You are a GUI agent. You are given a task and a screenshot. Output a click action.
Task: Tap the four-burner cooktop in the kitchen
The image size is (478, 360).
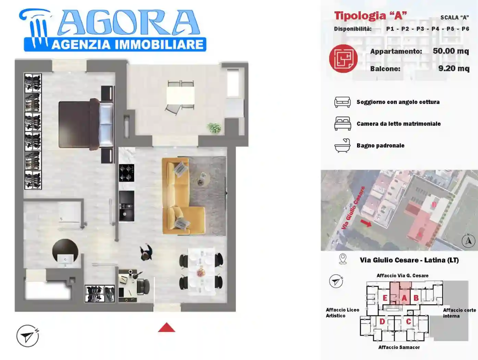(x=126, y=173)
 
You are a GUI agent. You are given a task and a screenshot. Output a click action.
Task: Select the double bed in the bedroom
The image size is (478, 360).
(x=86, y=124)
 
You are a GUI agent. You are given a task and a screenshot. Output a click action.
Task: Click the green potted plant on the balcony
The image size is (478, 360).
(x=215, y=128)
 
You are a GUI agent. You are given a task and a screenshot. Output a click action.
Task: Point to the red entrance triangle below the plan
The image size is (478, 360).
(x=167, y=328)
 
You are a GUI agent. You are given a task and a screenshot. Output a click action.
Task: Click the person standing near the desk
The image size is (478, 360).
(x=146, y=253)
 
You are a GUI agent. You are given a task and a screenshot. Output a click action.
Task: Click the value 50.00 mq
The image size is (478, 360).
(x=451, y=51)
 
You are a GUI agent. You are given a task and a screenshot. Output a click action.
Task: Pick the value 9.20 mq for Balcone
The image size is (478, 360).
(x=454, y=69)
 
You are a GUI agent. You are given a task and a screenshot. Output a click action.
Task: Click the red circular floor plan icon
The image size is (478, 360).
(x=343, y=59)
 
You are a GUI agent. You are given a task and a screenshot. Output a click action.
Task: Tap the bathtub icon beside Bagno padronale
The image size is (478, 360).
(x=342, y=145)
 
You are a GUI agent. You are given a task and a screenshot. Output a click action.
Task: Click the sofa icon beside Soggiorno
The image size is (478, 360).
(x=342, y=102)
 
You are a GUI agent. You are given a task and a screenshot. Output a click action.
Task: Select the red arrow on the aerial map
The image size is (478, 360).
(x=366, y=223)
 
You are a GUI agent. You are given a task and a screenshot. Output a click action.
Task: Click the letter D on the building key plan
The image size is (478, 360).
(x=382, y=322)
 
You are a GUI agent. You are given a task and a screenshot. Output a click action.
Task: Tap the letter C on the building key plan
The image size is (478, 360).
(x=408, y=322)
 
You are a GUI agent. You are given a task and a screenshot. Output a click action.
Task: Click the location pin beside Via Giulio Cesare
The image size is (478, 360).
(x=343, y=259)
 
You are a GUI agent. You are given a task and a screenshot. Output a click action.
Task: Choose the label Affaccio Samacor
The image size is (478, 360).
(x=399, y=347)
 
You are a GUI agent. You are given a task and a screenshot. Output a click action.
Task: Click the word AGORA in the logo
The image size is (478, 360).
(x=128, y=23)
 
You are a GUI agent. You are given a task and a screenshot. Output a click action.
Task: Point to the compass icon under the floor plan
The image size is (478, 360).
(x=27, y=336)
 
